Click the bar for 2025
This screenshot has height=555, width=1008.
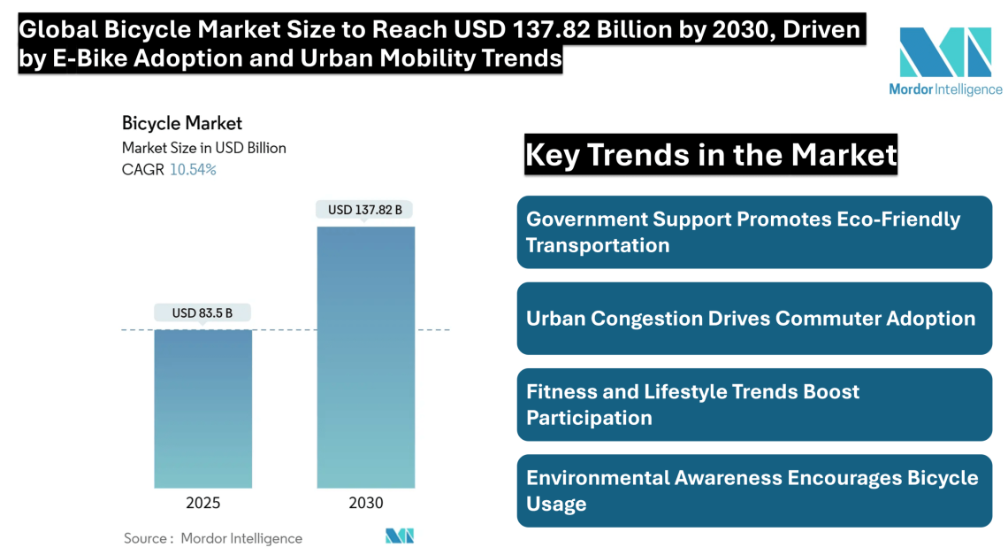coord(202,408)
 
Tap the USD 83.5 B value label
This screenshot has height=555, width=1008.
coord(202,312)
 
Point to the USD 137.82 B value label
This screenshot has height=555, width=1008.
coord(365,210)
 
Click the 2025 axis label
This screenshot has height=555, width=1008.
coord(202,503)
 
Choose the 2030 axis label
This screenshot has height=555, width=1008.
coord(365,503)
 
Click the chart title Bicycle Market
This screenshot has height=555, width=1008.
coord(181,123)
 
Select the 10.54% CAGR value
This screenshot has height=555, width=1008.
coord(193,170)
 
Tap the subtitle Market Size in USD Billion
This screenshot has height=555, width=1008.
coord(203,148)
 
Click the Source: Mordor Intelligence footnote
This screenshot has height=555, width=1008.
coord(212,538)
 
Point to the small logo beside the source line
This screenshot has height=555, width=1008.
coord(400,536)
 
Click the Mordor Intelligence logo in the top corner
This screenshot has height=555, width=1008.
coord(945,62)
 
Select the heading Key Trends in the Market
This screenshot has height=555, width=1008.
coord(711,155)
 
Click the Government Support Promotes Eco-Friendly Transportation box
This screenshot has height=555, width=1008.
coord(754,232)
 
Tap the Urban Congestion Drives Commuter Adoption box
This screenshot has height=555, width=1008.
coord(754,319)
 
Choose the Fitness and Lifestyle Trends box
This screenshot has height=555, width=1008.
coord(754,405)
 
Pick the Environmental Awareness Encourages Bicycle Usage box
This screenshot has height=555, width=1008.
coord(754,490)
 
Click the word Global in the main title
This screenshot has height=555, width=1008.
coord(57,30)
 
